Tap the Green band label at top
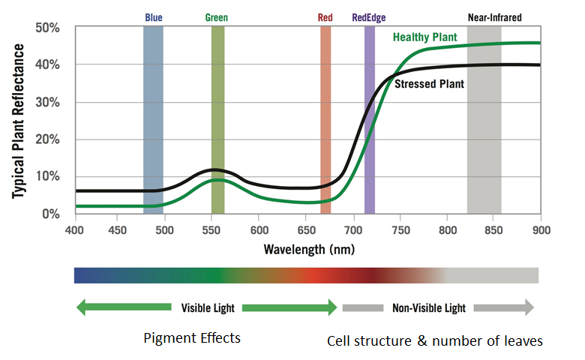(x=217, y=17)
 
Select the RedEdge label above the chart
(x=369, y=17)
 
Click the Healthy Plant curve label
(x=424, y=37)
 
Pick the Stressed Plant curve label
(x=429, y=84)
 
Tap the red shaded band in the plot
(x=325, y=120)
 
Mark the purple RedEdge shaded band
(x=369, y=120)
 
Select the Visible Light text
(x=207, y=307)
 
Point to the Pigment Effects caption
(x=192, y=337)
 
